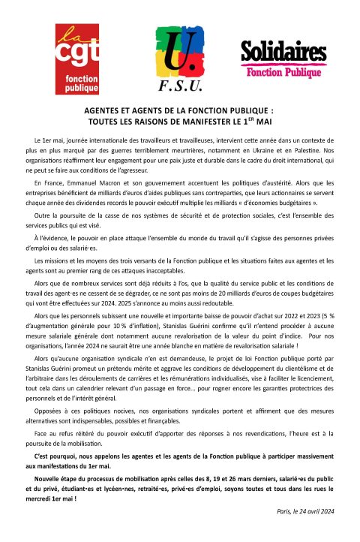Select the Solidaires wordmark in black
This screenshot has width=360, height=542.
tap(285, 54)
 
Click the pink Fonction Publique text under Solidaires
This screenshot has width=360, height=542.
tap(285, 73)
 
